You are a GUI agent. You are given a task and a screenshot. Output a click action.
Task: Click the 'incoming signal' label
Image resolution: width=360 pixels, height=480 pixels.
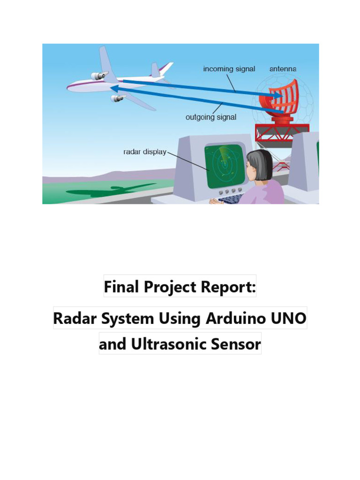[x=229, y=69]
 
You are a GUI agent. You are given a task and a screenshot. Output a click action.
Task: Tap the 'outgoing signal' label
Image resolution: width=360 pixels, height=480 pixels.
[x=211, y=117]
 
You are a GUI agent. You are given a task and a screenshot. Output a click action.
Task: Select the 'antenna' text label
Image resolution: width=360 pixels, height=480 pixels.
[x=283, y=69]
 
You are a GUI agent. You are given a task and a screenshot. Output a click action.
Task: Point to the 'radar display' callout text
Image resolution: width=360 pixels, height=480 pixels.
[x=144, y=152]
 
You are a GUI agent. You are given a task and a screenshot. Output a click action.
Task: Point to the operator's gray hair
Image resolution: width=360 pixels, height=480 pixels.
[x=261, y=164]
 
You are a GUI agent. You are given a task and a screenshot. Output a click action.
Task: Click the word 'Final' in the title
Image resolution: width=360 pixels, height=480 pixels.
[x=119, y=286]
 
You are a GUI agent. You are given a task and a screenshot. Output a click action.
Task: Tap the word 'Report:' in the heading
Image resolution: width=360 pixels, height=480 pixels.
[x=229, y=286]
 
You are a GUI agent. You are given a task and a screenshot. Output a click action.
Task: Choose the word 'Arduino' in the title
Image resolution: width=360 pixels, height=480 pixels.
[x=233, y=318]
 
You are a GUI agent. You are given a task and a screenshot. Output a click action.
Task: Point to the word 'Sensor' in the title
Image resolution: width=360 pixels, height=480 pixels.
[x=236, y=344]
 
